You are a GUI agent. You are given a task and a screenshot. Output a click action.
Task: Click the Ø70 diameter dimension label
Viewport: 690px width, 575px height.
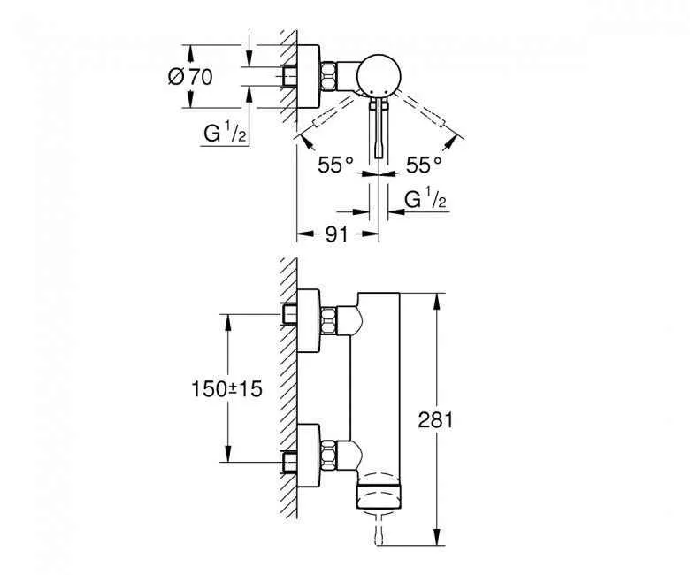coord(189,77)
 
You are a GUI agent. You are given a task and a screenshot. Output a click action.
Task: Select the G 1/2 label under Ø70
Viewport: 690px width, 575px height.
coord(222,134)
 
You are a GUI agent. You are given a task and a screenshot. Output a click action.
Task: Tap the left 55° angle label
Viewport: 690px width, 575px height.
coord(337,165)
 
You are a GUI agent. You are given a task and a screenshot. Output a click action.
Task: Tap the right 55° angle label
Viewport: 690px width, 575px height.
coord(424,165)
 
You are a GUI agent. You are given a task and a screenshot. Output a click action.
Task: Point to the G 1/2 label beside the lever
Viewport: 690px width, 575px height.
coord(425,201)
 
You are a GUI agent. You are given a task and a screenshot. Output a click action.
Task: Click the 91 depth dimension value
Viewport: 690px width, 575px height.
coord(333,234)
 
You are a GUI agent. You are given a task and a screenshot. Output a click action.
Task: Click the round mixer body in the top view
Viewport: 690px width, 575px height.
coord(380,77)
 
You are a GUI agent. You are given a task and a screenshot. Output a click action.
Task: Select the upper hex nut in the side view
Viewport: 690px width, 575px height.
coord(331,319)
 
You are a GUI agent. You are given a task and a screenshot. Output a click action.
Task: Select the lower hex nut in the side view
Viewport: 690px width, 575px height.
coord(331,454)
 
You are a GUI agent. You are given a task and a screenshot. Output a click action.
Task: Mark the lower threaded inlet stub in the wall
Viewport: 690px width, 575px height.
coord(289,460)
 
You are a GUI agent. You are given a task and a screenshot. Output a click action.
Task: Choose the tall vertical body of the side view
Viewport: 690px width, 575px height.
coord(378,389)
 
